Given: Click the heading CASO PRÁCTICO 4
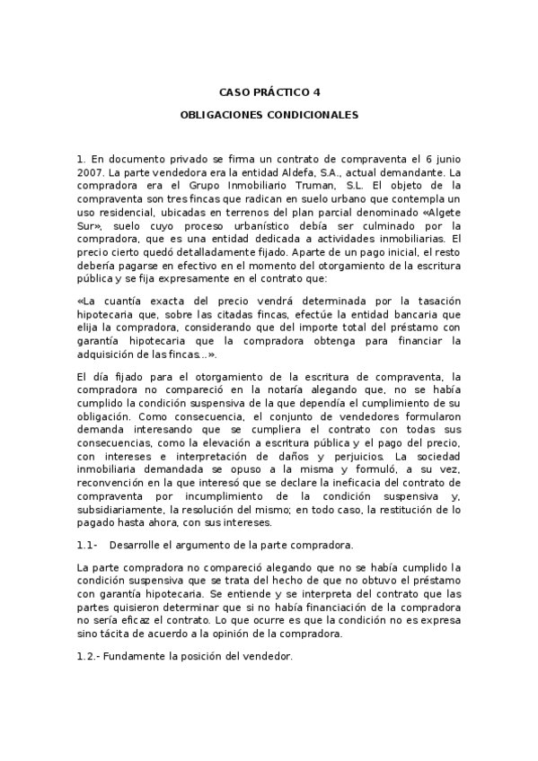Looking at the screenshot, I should click(x=269, y=92).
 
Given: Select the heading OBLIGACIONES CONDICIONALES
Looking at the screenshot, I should click(x=269, y=116).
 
